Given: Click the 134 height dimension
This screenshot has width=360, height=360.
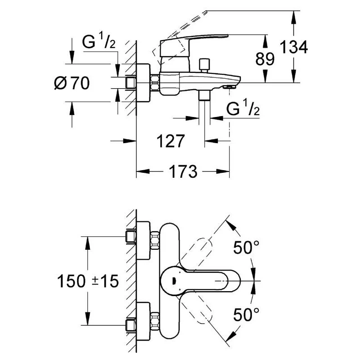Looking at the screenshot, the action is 294,47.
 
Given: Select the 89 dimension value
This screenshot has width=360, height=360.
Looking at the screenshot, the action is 265,59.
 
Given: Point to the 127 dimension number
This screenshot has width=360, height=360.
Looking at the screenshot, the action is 171,141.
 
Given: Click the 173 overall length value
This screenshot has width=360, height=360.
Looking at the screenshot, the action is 183,171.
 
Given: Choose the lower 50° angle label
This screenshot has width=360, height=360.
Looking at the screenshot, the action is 246,315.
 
